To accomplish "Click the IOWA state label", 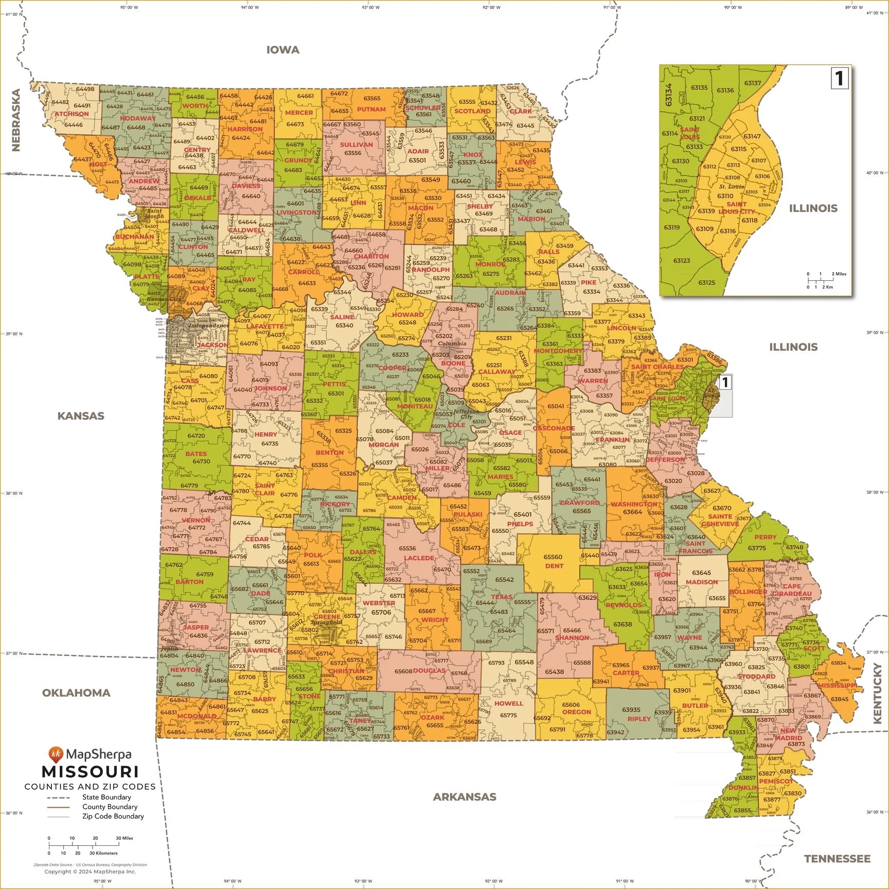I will coord(282,50).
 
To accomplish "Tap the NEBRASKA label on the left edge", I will coord(16,120).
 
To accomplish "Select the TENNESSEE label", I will coord(837,858).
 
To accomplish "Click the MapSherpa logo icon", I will coord(56,755).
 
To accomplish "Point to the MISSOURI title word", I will coord(90,772).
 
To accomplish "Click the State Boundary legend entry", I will coord(106,797).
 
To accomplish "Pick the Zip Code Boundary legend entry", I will coord(113,816).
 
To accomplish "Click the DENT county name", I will coord(554,566).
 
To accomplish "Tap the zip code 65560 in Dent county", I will coord(553,557).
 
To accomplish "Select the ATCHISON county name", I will coord(72,114).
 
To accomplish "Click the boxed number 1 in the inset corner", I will coord(839,79).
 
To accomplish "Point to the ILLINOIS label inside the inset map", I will coord(813,208).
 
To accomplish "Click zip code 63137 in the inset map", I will coord(752,83).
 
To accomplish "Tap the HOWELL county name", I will coord(508,703).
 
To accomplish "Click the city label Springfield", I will coord(326,622).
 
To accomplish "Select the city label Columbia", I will coord(452,344).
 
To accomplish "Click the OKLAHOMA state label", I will coord(76,692).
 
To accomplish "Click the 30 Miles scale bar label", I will coord(124,838).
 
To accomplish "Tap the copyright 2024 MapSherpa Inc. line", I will coord(90,872).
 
